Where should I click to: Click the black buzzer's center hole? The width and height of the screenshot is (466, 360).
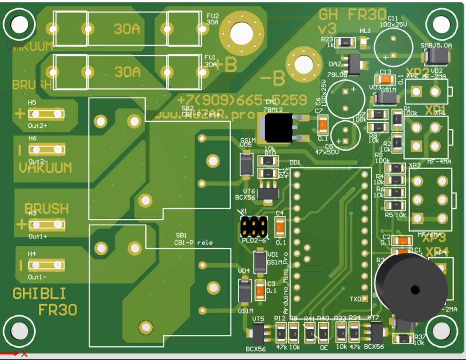416,289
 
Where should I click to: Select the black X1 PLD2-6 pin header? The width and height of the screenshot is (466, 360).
253,227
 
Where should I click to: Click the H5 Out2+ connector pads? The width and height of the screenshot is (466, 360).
46,114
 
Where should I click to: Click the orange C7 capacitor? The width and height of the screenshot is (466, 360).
323,125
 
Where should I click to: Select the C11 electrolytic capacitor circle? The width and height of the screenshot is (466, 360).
393,45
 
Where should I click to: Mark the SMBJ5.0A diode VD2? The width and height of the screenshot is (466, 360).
436,57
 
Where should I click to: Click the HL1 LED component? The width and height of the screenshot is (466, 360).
364,42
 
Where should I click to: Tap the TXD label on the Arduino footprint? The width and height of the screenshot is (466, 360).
355,299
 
